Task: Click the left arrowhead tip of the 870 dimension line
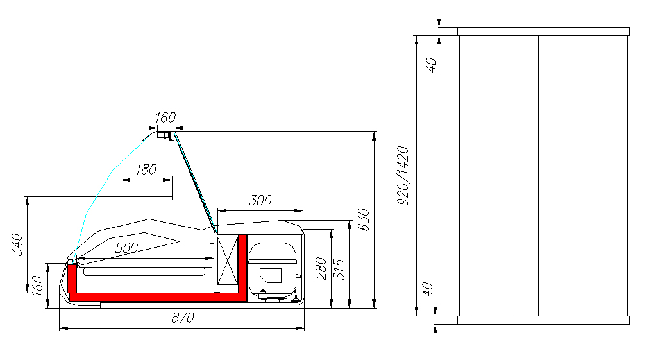click(x=60, y=328)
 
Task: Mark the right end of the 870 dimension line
click(x=304, y=328)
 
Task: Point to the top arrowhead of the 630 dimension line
click(x=374, y=132)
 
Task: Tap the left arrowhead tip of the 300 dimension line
click(x=217, y=211)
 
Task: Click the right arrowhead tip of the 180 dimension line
click(x=172, y=180)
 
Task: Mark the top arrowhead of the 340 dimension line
click(x=28, y=197)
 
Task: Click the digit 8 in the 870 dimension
click(x=175, y=318)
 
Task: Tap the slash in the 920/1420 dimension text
click(x=403, y=176)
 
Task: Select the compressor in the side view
click(x=273, y=270)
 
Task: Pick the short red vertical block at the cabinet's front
click(x=72, y=278)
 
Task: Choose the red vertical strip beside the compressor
click(x=242, y=265)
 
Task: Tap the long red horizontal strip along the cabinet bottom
click(x=158, y=297)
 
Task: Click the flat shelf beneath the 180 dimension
click(x=146, y=198)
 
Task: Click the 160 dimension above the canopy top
click(x=165, y=117)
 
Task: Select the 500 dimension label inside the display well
click(x=126, y=248)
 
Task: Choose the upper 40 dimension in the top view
click(x=432, y=65)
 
